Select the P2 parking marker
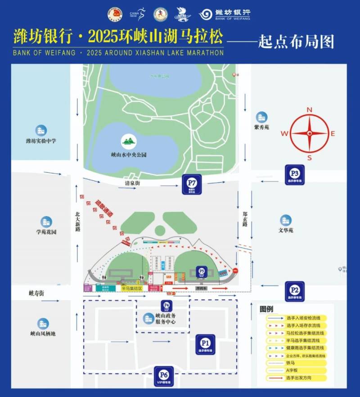pos(295,291)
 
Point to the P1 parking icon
pos(205,344)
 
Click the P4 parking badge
pos(166,306)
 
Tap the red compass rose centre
pos(309,133)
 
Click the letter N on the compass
pos(309,110)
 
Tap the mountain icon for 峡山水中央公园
pos(129,142)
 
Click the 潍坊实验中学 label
pos(41,141)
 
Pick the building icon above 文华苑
pos(285,220)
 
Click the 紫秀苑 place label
pos(261,127)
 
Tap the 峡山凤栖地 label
pos(43,334)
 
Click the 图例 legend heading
pos(266,309)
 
